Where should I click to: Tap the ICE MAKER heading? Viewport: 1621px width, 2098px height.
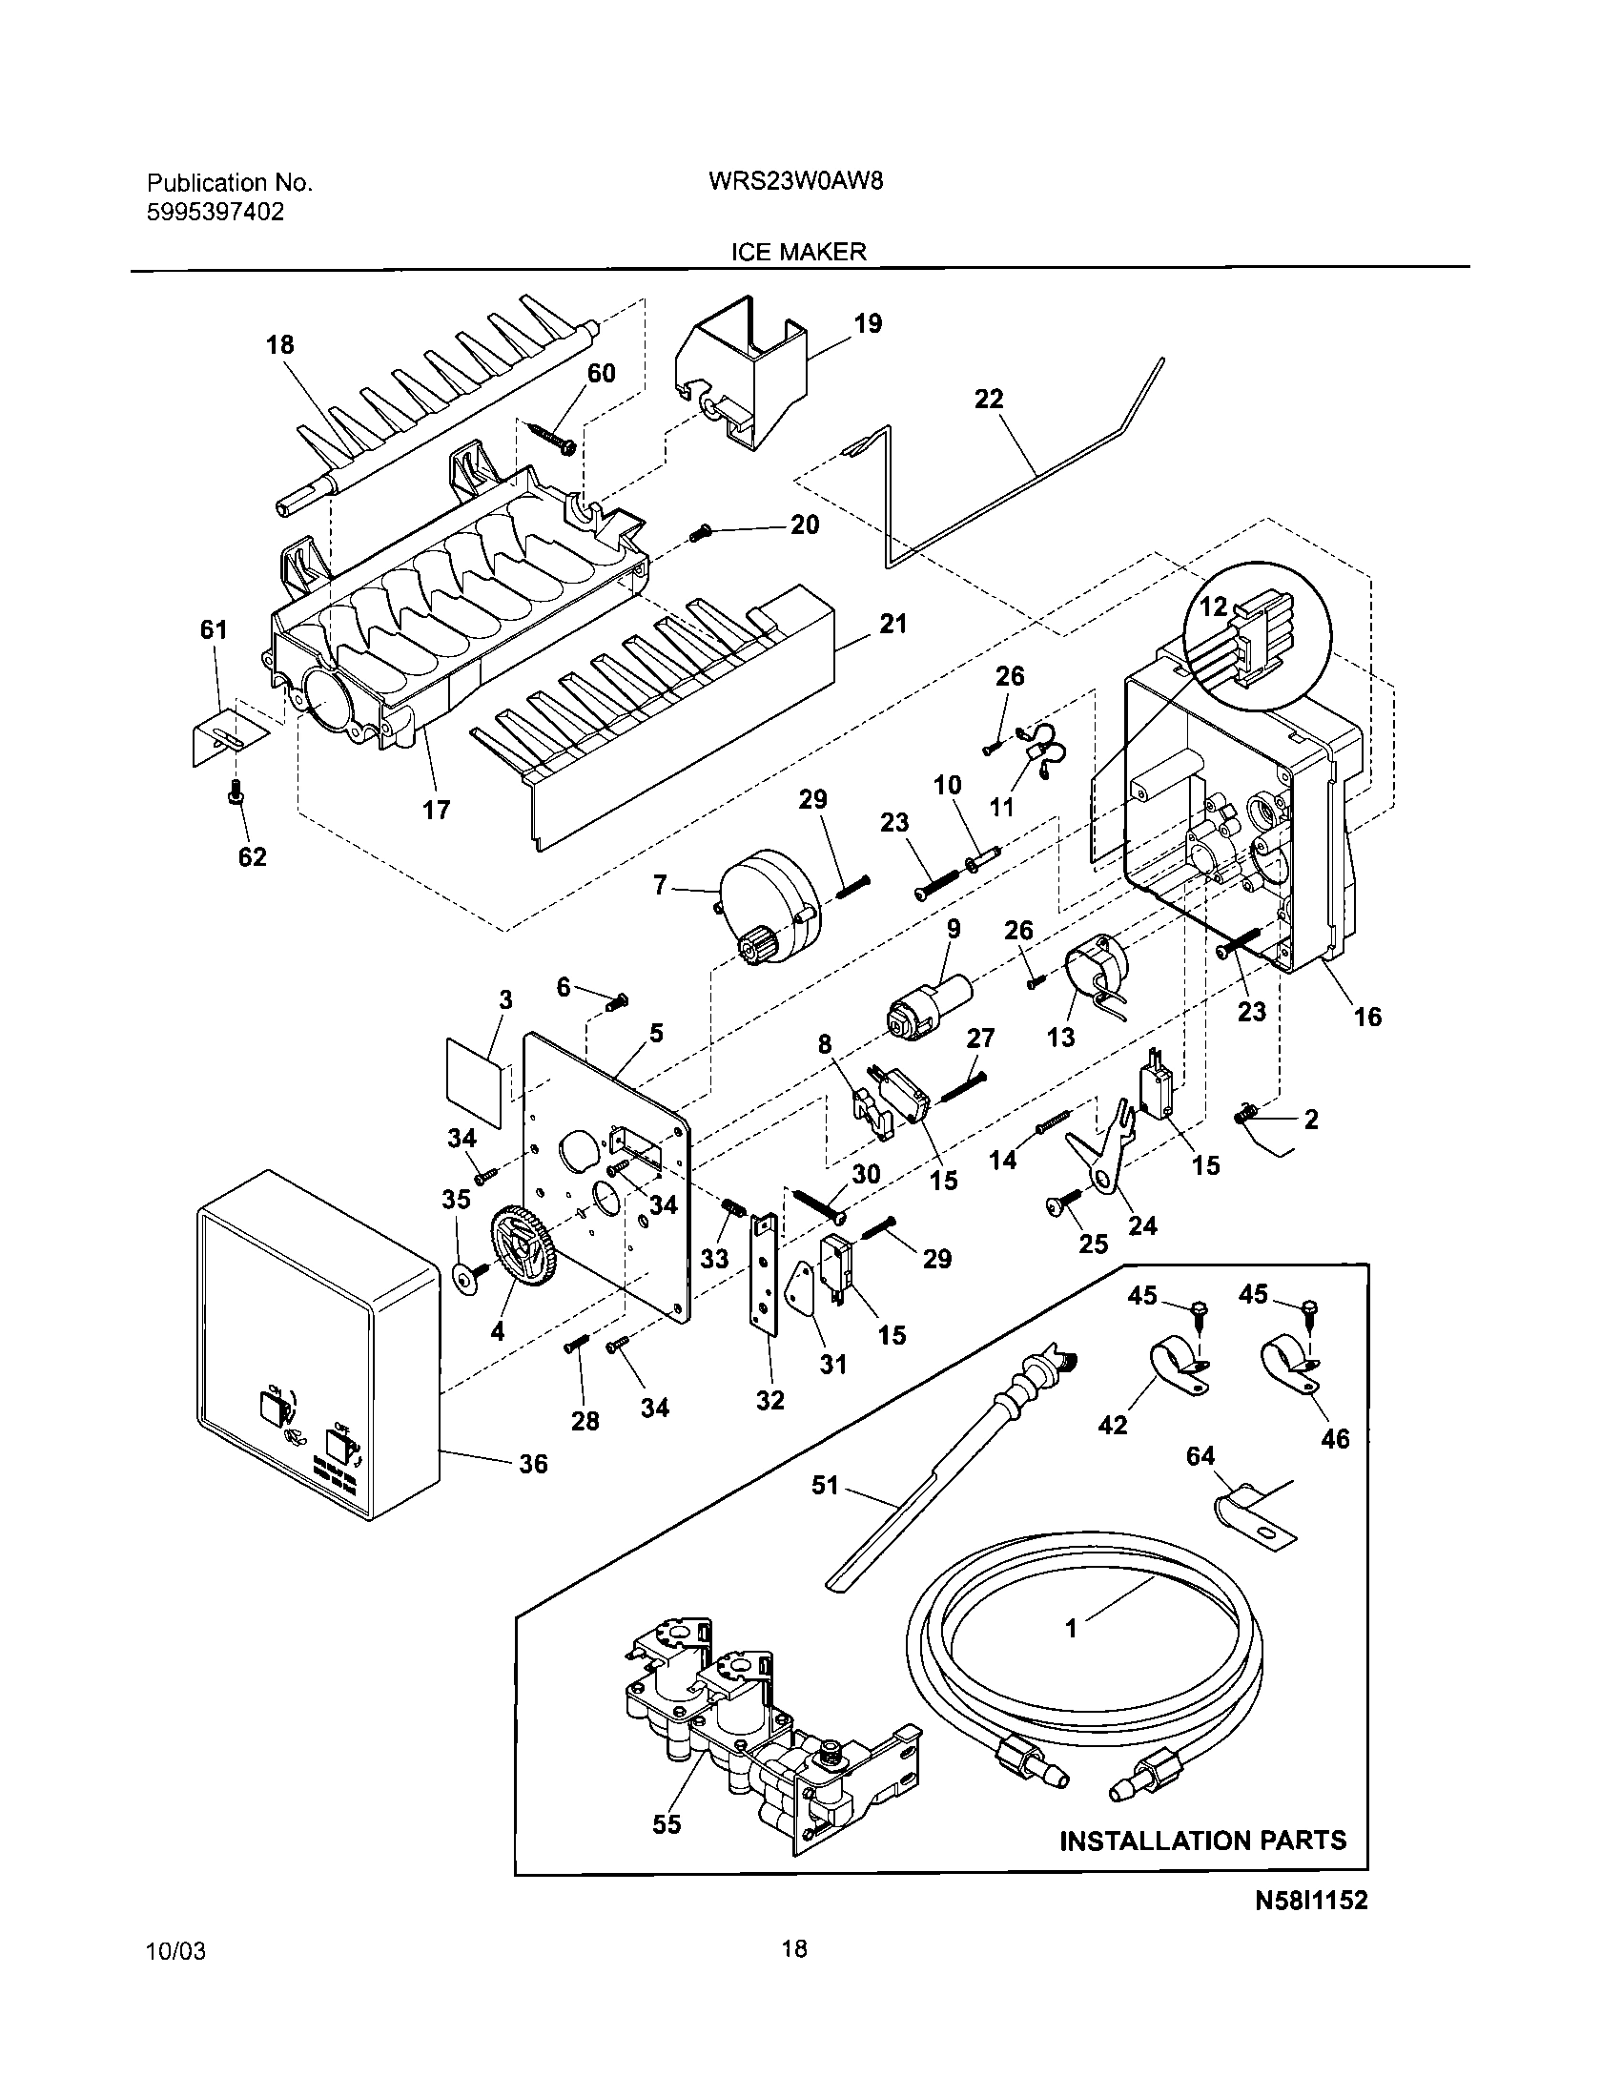798,252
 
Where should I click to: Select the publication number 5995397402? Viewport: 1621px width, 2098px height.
215,213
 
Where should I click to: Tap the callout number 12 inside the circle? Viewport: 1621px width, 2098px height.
1213,607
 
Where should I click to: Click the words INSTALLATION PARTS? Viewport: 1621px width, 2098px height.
1202,1841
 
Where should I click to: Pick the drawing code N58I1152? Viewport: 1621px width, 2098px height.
1311,1900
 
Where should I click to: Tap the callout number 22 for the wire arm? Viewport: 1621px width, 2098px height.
988,399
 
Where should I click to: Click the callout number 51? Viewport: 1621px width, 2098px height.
825,1486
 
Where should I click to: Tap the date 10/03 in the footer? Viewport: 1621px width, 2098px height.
174,1953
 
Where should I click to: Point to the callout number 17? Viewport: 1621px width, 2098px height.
436,810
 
